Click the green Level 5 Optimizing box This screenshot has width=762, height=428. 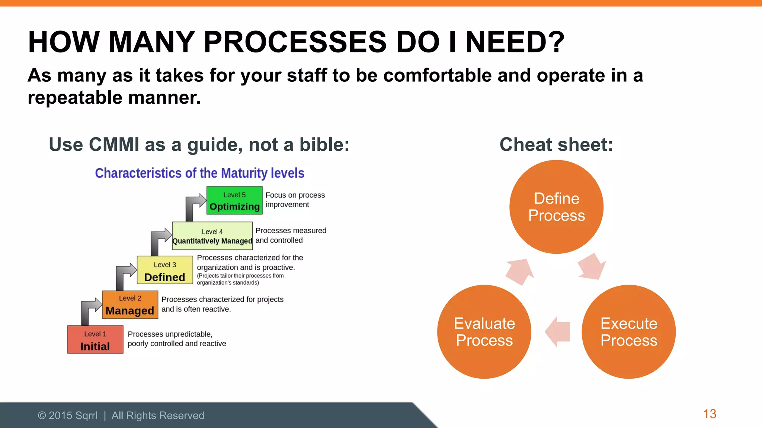[x=234, y=201]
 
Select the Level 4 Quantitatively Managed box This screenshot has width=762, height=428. [x=212, y=236]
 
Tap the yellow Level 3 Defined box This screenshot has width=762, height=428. [x=165, y=270]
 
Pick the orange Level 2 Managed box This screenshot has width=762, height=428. [x=130, y=305]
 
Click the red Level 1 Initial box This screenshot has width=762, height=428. [x=95, y=340]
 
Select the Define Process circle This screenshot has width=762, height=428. [x=556, y=207]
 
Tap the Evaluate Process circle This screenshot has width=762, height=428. [x=484, y=332]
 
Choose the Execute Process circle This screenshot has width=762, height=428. [x=628, y=332]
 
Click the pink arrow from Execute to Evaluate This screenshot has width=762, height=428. [x=558, y=332]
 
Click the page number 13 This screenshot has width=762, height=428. [x=710, y=414]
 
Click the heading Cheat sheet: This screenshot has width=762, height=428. [x=556, y=145]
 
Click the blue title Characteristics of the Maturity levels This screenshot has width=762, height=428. [x=199, y=173]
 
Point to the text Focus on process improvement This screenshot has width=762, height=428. [x=295, y=200]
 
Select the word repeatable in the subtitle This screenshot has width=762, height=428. [x=75, y=98]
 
